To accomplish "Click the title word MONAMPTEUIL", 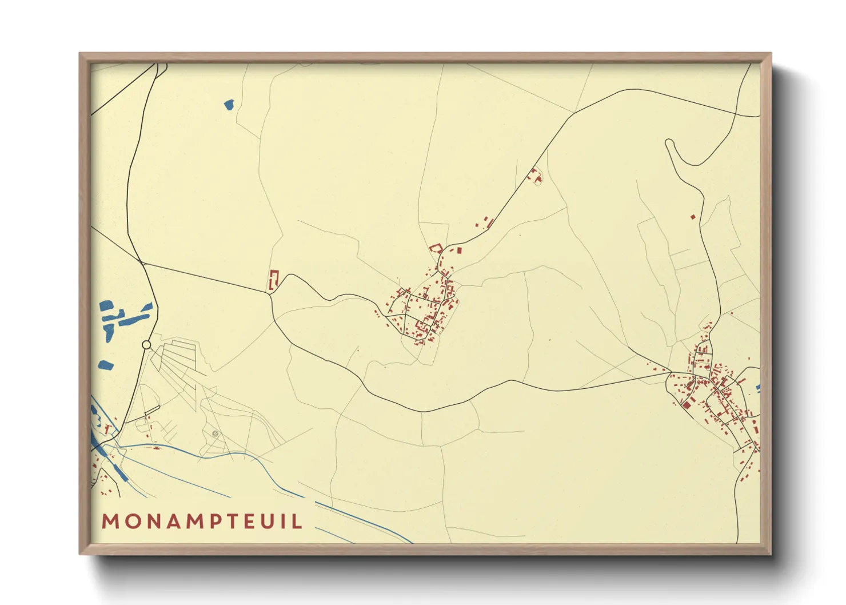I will coord(202,521).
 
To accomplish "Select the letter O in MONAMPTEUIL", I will coord(130,521).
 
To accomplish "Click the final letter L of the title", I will coord(297,521).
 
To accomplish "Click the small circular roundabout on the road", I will coord(146,345).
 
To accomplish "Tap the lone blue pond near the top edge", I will coord(229,105).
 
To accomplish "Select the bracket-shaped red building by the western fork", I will coord(273,280).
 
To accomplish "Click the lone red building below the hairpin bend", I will coord(693,217).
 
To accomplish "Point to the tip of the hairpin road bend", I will coord(668,141).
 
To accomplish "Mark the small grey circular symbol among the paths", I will coord(216,433).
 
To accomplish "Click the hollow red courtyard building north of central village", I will coord(436,248).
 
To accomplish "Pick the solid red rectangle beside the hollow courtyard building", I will coord(458,250).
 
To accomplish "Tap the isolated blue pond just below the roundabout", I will coord(105,364).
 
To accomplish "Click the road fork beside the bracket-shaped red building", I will coord(270,293).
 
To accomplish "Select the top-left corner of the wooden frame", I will coord(80,54).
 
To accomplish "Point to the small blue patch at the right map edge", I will coord(758,389).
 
